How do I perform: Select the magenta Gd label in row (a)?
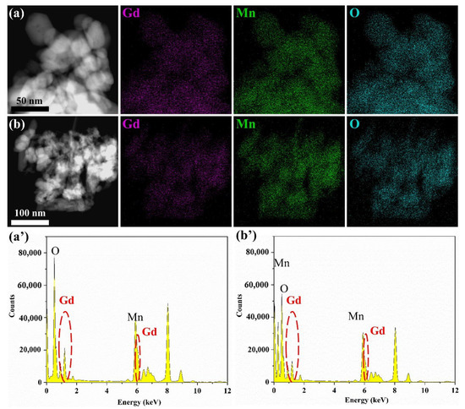point(132,14)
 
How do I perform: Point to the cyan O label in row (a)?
point(353,14)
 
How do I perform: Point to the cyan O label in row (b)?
point(353,128)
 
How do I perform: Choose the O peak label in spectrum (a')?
point(55,251)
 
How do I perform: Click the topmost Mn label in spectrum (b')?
point(282,263)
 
